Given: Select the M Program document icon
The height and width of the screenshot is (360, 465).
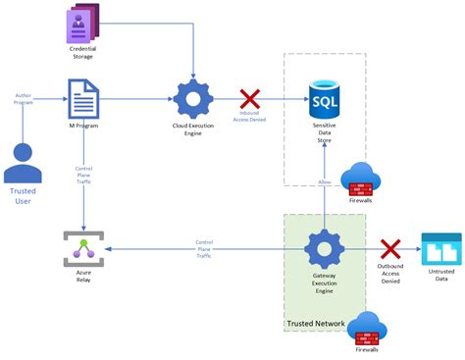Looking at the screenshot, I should click(x=82, y=99).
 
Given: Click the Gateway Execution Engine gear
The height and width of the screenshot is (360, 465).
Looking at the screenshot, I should click(x=324, y=249).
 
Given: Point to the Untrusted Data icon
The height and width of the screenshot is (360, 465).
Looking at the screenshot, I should click(x=440, y=250).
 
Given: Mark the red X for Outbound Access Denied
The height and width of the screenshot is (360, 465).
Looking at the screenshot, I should click(x=390, y=249).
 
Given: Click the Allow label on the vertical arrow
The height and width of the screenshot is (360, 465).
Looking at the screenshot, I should click(x=324, y=182).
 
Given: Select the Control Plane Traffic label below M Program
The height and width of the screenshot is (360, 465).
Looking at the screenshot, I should click(x=83, y=175).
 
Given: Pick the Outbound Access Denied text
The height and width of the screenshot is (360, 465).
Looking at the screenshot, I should click(x=390, y=274).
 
